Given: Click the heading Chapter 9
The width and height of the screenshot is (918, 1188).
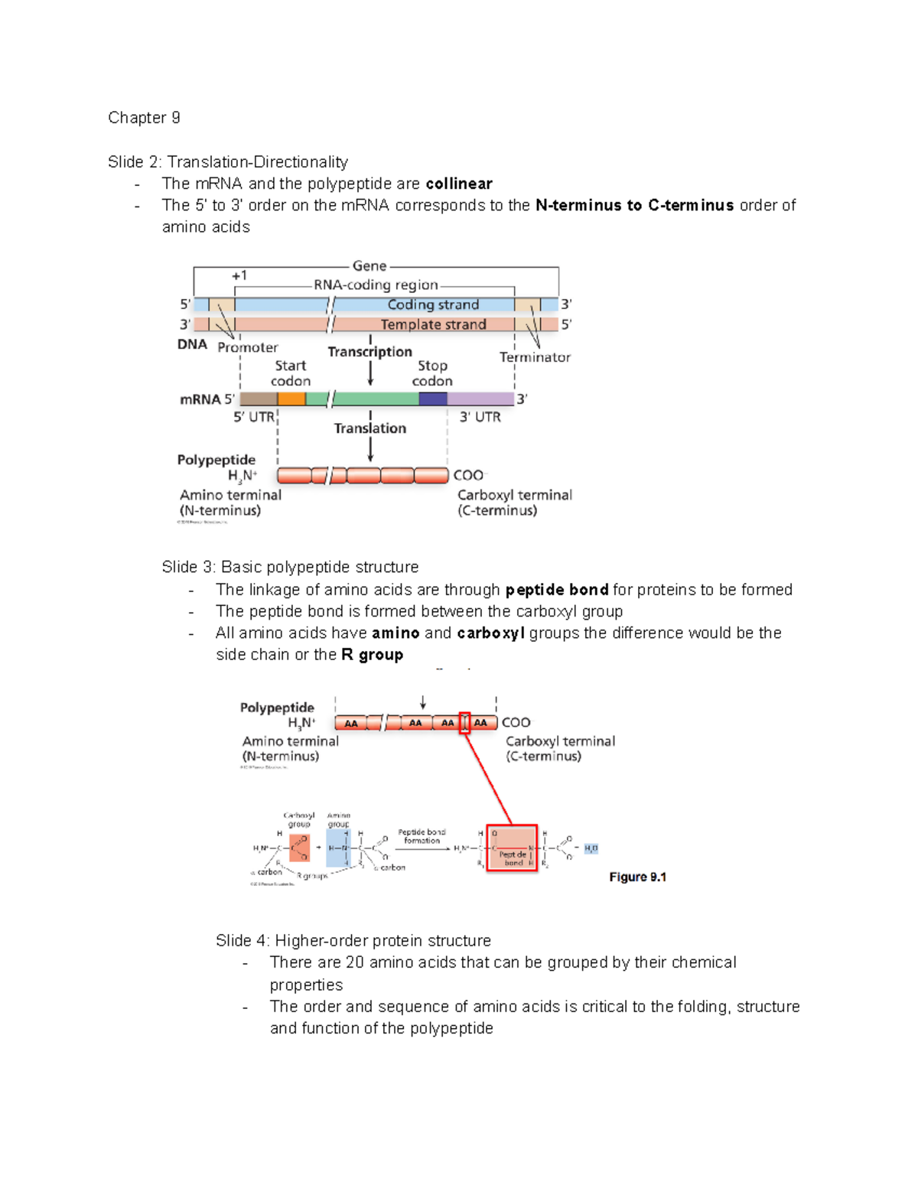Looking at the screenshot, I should (x=144, y=118).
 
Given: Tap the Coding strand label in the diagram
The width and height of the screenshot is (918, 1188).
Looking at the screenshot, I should (x=433, y=304).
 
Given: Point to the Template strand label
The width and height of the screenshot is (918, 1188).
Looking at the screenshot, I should (x=433, y=324).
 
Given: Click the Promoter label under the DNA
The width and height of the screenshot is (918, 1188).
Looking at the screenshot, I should (x=247, y=347).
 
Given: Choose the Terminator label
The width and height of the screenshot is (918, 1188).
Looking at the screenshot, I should (x=535, y=357).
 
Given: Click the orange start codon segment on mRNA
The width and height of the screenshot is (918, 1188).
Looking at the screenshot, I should (x=291, y=399).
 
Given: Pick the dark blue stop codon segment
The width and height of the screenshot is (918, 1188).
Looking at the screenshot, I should (x=433, y=399).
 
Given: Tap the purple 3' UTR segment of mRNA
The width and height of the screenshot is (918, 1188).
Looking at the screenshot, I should (x=480, y=399).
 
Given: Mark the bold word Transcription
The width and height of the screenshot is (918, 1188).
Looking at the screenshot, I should (x=369, y=352).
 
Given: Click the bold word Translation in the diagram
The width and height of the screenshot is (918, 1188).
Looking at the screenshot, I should (x=369, y=428).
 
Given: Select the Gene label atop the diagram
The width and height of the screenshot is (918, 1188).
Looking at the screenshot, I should (x=369, y=266).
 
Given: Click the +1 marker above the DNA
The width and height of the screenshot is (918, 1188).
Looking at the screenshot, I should (x=239, y=275).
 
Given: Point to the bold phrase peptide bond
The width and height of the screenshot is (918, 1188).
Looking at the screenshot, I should (x=557, y=590).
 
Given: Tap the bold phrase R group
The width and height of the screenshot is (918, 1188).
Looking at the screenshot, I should (x=372, y=655).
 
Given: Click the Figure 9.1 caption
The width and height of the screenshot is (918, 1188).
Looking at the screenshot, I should (x=637, y=877).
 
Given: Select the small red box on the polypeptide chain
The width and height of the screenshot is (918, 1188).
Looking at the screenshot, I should (x=464, y=723).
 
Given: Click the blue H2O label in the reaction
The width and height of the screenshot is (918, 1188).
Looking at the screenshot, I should (x=591, y=848).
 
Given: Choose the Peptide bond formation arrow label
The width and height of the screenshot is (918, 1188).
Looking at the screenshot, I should (x=422, y=836).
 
